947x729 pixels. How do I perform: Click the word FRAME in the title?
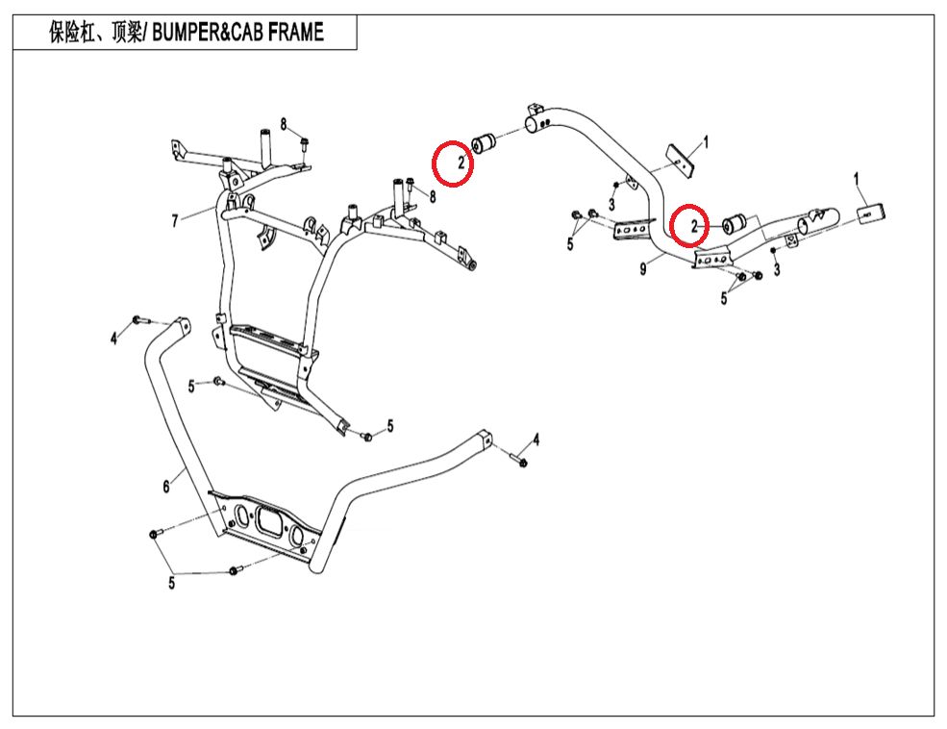(x=292, y=33)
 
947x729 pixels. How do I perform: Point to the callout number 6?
(x=166, y=487)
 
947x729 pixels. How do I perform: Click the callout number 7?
(x=175, y=221)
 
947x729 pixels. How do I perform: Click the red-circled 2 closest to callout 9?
(x=689, y=226)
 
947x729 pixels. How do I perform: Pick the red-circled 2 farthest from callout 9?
(x=452, y=163)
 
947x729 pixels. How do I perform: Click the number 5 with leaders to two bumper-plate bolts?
(x=172, y=582)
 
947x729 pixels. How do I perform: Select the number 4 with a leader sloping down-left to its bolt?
(x=536, y=440)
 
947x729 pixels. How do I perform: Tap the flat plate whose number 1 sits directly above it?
(x=872, y=211)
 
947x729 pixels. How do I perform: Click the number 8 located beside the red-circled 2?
(x=433, y=196)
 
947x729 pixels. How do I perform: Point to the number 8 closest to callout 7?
(x=284, y=123)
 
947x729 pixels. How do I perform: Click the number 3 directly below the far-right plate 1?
(x=777, y=271)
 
